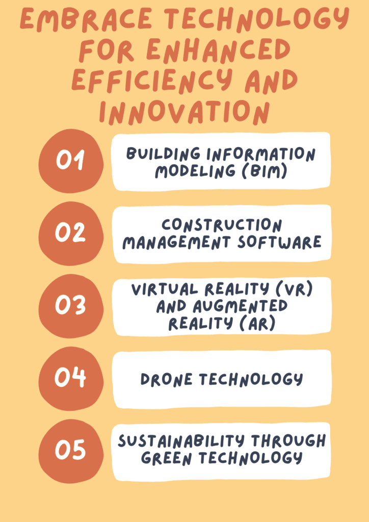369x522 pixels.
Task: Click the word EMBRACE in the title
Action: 86,19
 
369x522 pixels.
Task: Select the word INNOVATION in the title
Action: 184,112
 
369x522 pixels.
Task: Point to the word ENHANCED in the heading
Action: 218,50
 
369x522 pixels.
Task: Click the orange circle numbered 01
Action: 70,161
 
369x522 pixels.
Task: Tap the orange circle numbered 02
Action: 70,233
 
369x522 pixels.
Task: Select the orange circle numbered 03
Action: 70,306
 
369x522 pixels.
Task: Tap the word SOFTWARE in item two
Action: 279,242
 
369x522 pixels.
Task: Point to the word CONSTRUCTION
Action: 222,225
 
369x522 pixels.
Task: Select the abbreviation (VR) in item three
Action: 294,289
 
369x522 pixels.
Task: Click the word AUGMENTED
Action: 240,306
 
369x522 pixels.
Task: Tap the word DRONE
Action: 166,379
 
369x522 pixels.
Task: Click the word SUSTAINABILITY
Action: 181,441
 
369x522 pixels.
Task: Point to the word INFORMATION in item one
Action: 260,154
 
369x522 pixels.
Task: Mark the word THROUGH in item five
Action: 288,441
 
